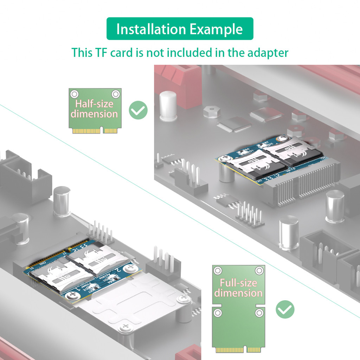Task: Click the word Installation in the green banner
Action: point(152,29)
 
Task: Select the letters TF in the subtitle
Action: point(101,53)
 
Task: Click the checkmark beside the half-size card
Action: point(138,110)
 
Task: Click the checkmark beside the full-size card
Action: point(285,309)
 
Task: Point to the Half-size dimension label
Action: point(94,109)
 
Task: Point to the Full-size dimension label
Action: point(238,288)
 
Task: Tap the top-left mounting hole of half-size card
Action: point(74,94)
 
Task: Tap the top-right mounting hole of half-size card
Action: point(115,94)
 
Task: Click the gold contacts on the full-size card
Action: point(238,350)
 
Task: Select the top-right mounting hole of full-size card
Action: point(259,270)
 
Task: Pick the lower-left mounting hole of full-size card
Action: point(218,313)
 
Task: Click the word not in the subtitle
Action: point(155,53)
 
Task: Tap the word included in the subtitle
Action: point(189,53)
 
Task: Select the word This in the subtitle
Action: point(82,53)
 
